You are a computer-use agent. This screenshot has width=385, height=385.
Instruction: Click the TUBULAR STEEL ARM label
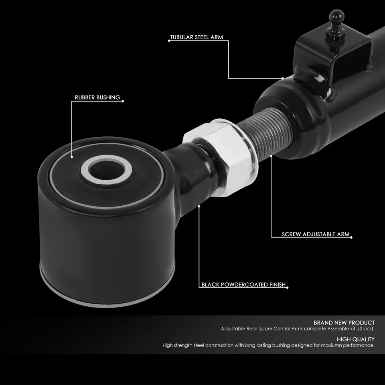pos(197,38)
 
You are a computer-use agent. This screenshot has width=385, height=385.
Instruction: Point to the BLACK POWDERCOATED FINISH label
pos(243,285)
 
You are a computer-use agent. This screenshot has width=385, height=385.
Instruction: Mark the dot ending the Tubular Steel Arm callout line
pos(283,79)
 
